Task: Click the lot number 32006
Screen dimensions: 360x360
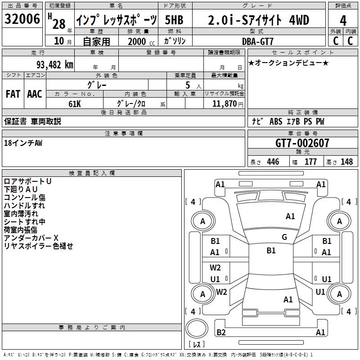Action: [22, 19]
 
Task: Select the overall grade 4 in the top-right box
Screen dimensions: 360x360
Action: [343, 21]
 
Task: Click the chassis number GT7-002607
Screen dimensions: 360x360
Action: [302, 144]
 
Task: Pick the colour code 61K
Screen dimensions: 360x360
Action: [74, 103]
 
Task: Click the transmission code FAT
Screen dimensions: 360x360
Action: [13, 94]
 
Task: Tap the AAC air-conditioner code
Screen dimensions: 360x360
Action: [35, 94]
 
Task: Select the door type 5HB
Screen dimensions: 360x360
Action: [174, 20]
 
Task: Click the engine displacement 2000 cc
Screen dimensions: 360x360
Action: [139, 41]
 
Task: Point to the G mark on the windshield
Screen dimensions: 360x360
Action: [284, 237]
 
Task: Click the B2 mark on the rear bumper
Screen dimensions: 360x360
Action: [221, 333]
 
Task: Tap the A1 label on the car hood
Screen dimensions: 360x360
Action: [290, 216]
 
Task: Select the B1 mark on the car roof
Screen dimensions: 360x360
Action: [271, 251]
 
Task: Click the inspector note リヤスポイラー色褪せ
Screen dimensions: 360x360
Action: [38, 246]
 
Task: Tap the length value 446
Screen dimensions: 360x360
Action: [273, 162]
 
